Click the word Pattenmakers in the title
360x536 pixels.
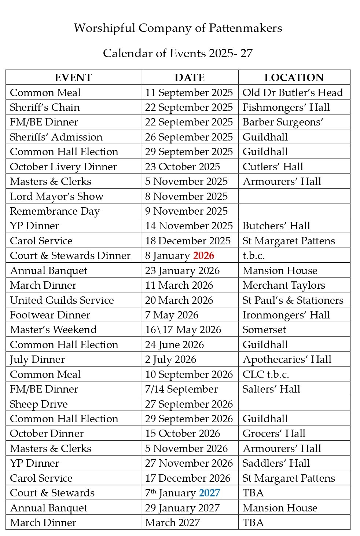point(245,28)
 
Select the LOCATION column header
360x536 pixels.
point(294,77)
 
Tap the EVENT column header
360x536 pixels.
point(73,77)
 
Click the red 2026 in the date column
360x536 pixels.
point(203,256)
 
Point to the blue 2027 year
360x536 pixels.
point(209,493)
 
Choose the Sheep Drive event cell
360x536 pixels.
point(39,404)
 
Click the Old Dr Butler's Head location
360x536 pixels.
point(293,92)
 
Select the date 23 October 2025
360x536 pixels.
point(183,167)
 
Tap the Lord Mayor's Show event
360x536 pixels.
point(56,196)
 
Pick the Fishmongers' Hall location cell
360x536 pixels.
point(286,107)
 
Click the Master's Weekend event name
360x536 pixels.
point(53,329)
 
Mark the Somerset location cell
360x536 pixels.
point(264,329)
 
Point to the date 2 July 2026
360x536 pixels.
point(170,360)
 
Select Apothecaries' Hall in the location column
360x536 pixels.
point(287,360)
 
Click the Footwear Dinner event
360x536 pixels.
point(50,315)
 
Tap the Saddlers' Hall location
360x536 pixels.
point(276,463)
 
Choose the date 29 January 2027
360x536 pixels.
point(182,508)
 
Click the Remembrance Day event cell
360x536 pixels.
point(55,211)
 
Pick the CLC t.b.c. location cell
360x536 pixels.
point(265,374)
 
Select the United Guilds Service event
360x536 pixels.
point(62,300)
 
